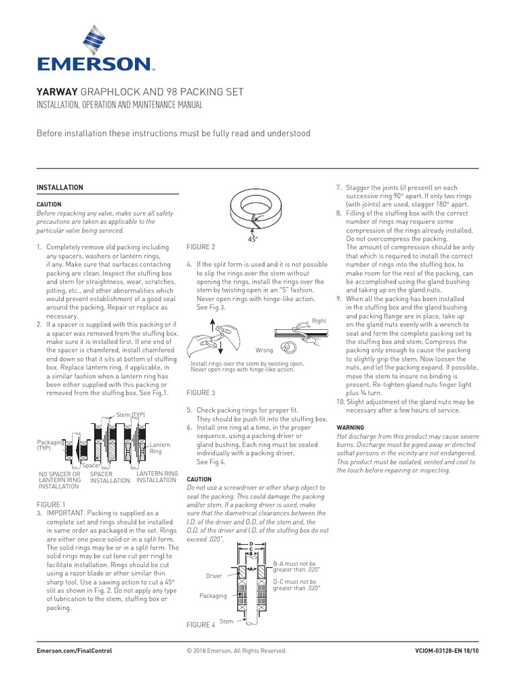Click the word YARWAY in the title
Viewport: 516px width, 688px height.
point(57,91)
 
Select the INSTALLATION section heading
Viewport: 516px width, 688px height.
point(59,187)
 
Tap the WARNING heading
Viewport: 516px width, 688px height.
point(349,427)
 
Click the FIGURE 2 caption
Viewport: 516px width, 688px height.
point(201,247)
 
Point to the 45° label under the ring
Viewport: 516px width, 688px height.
point(253,239)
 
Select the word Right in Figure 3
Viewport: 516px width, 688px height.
point(319,322)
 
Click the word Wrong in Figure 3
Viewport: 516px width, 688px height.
point(264,351)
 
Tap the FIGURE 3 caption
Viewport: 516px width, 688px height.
point(201,392)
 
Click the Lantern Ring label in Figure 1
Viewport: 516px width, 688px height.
point(159,448)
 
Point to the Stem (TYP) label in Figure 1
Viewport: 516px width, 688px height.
point(130,415)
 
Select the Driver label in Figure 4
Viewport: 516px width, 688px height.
point(214,576)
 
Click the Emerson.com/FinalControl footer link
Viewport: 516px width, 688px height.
point(73,651)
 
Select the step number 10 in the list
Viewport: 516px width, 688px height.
point(339,402)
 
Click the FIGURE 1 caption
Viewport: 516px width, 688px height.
point(51,504)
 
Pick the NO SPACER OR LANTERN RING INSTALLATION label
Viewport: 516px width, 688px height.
point(60,481)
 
